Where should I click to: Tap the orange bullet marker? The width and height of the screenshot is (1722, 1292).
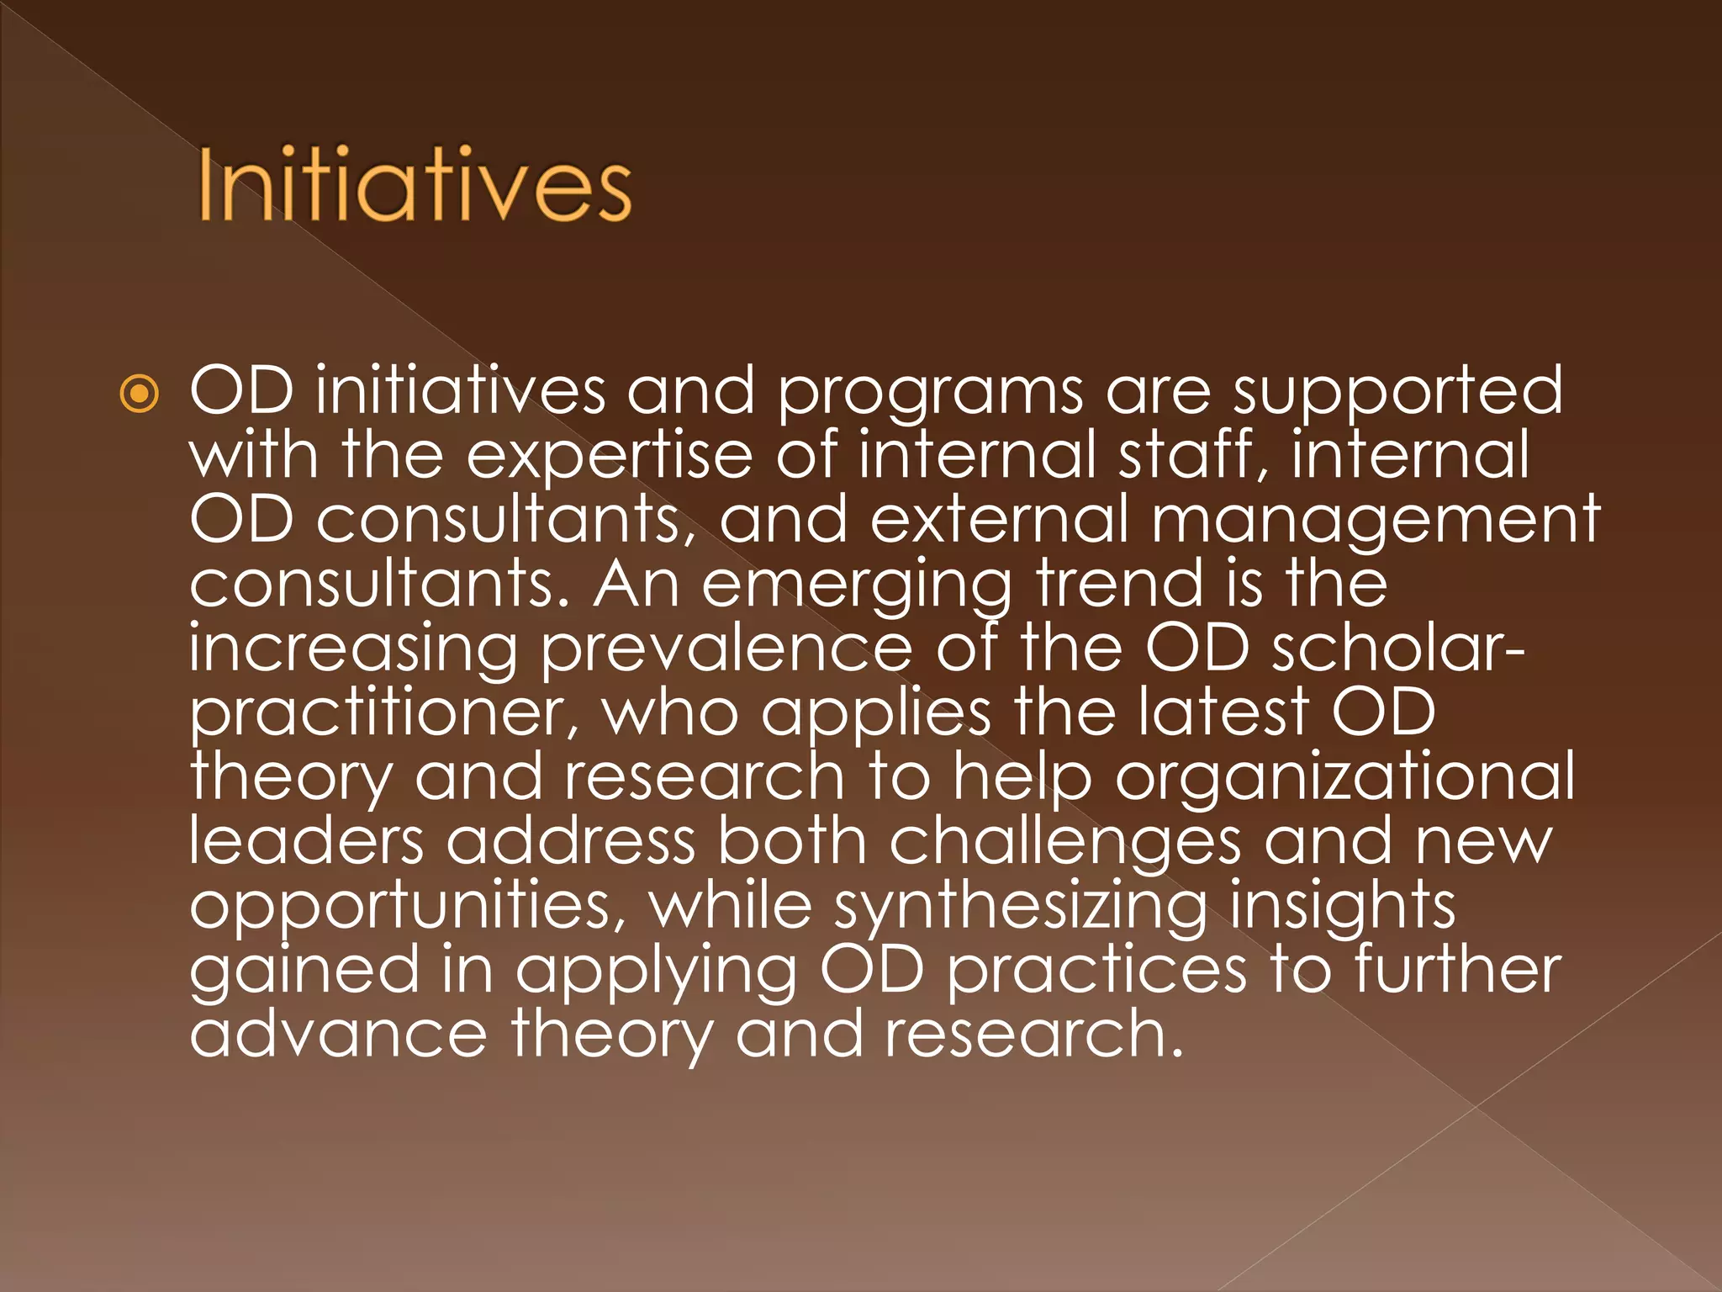click(x=139, y=393)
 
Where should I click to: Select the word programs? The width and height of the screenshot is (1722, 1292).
click(x=930, y=393)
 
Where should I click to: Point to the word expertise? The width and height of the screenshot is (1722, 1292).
click(x=609, y=457)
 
